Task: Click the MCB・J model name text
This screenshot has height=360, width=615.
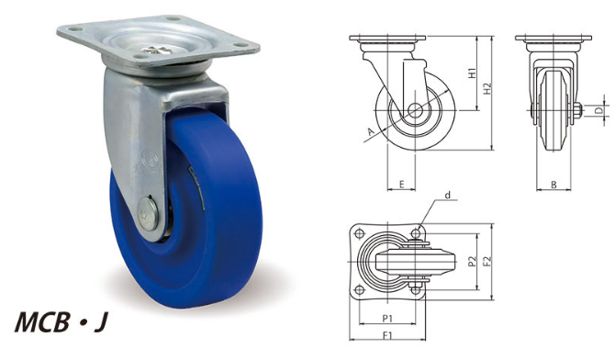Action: pyautogui.click(x=61, y=322)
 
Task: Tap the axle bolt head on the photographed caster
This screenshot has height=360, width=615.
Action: pyautogui.click(x=148, y=214)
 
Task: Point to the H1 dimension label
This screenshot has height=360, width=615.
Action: pyautogui.click(x=473, y=73)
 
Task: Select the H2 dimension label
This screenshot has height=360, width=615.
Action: pyautogui.click(x=487, y=88)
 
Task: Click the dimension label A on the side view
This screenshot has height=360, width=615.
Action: pyautogui.click(x=371, y=132)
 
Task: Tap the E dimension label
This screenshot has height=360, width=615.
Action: pyautogui.click(x=401, y=184)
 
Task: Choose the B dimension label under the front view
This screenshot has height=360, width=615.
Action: pyautogui.click(x=553, y=185)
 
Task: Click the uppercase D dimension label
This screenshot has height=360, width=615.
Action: pyautogui.click(x=598, y=111)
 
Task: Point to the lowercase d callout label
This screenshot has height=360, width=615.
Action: pyautogui.click(x=448, y=195)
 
